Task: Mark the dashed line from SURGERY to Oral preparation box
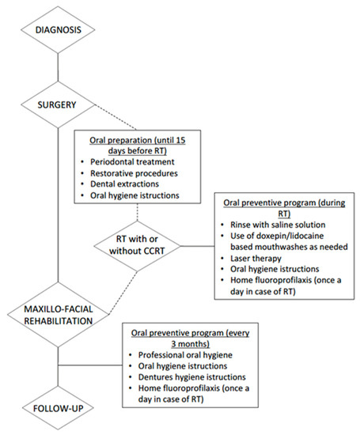(x=111, y=116)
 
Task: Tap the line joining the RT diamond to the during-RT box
(x=195, y=246)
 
